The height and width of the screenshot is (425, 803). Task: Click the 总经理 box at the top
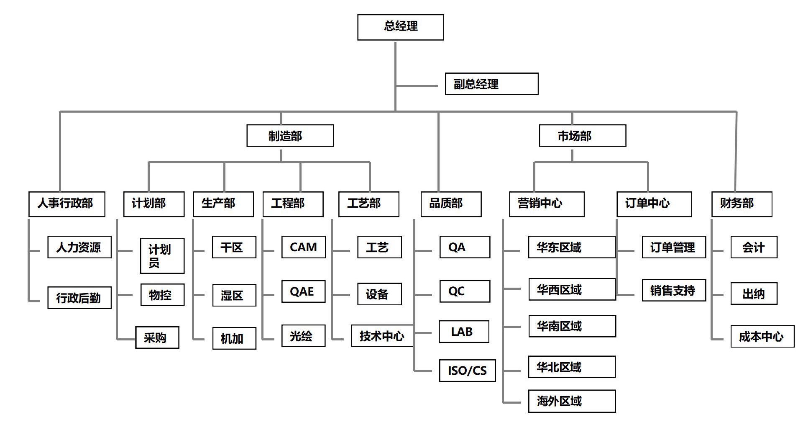click(400, 27)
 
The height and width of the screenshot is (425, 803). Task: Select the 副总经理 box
click(491, 84)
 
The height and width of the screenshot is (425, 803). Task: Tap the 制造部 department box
click(290, 136)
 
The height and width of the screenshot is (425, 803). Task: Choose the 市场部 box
click(582, 136)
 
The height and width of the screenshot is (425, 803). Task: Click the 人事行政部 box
click(66, 204)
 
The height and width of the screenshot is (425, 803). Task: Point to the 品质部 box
click(451, 204)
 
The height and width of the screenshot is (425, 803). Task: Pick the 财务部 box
click(742, 204)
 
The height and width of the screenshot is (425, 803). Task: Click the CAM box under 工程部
click(303, 247)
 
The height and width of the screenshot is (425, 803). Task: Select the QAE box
click(303, 291)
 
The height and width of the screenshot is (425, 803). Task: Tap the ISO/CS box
click(467, 370)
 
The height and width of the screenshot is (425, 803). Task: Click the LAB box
click(464, 332)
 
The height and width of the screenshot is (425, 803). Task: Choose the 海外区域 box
click(572, 401)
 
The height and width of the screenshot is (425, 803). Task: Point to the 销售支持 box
click(674, 290)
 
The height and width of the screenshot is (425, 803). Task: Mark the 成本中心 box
click(762, 336)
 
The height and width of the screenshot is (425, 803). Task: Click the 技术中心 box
click(382, 336)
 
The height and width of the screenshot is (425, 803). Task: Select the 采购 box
click(157, 337)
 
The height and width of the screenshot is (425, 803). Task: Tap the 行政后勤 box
click(79, 298)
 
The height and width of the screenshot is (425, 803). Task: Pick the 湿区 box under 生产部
click(234, 296)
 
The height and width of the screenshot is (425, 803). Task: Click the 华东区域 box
click(572, 247)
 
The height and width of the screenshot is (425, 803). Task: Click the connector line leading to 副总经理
click(417, 86)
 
